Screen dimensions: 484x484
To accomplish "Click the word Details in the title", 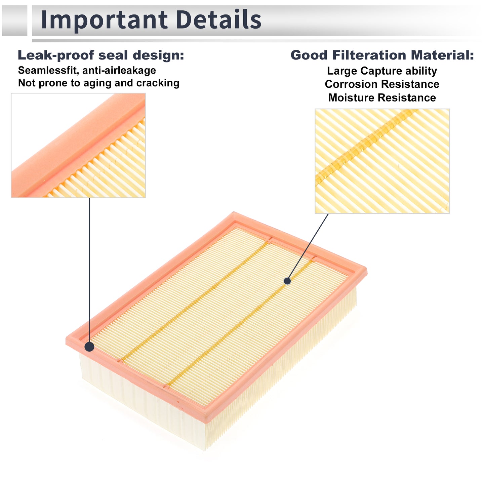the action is point(218,19).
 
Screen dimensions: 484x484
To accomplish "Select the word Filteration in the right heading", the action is point(369,55).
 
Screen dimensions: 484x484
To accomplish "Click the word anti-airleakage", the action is point(119,70).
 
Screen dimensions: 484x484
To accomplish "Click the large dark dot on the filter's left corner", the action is point(89,347).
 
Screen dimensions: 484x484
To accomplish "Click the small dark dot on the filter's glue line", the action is point(287,281).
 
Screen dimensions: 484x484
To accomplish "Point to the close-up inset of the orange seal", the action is point(78,146).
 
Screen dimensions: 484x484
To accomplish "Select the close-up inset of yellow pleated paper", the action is point(382,161).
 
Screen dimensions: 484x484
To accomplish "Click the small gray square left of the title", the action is point(14,21).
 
